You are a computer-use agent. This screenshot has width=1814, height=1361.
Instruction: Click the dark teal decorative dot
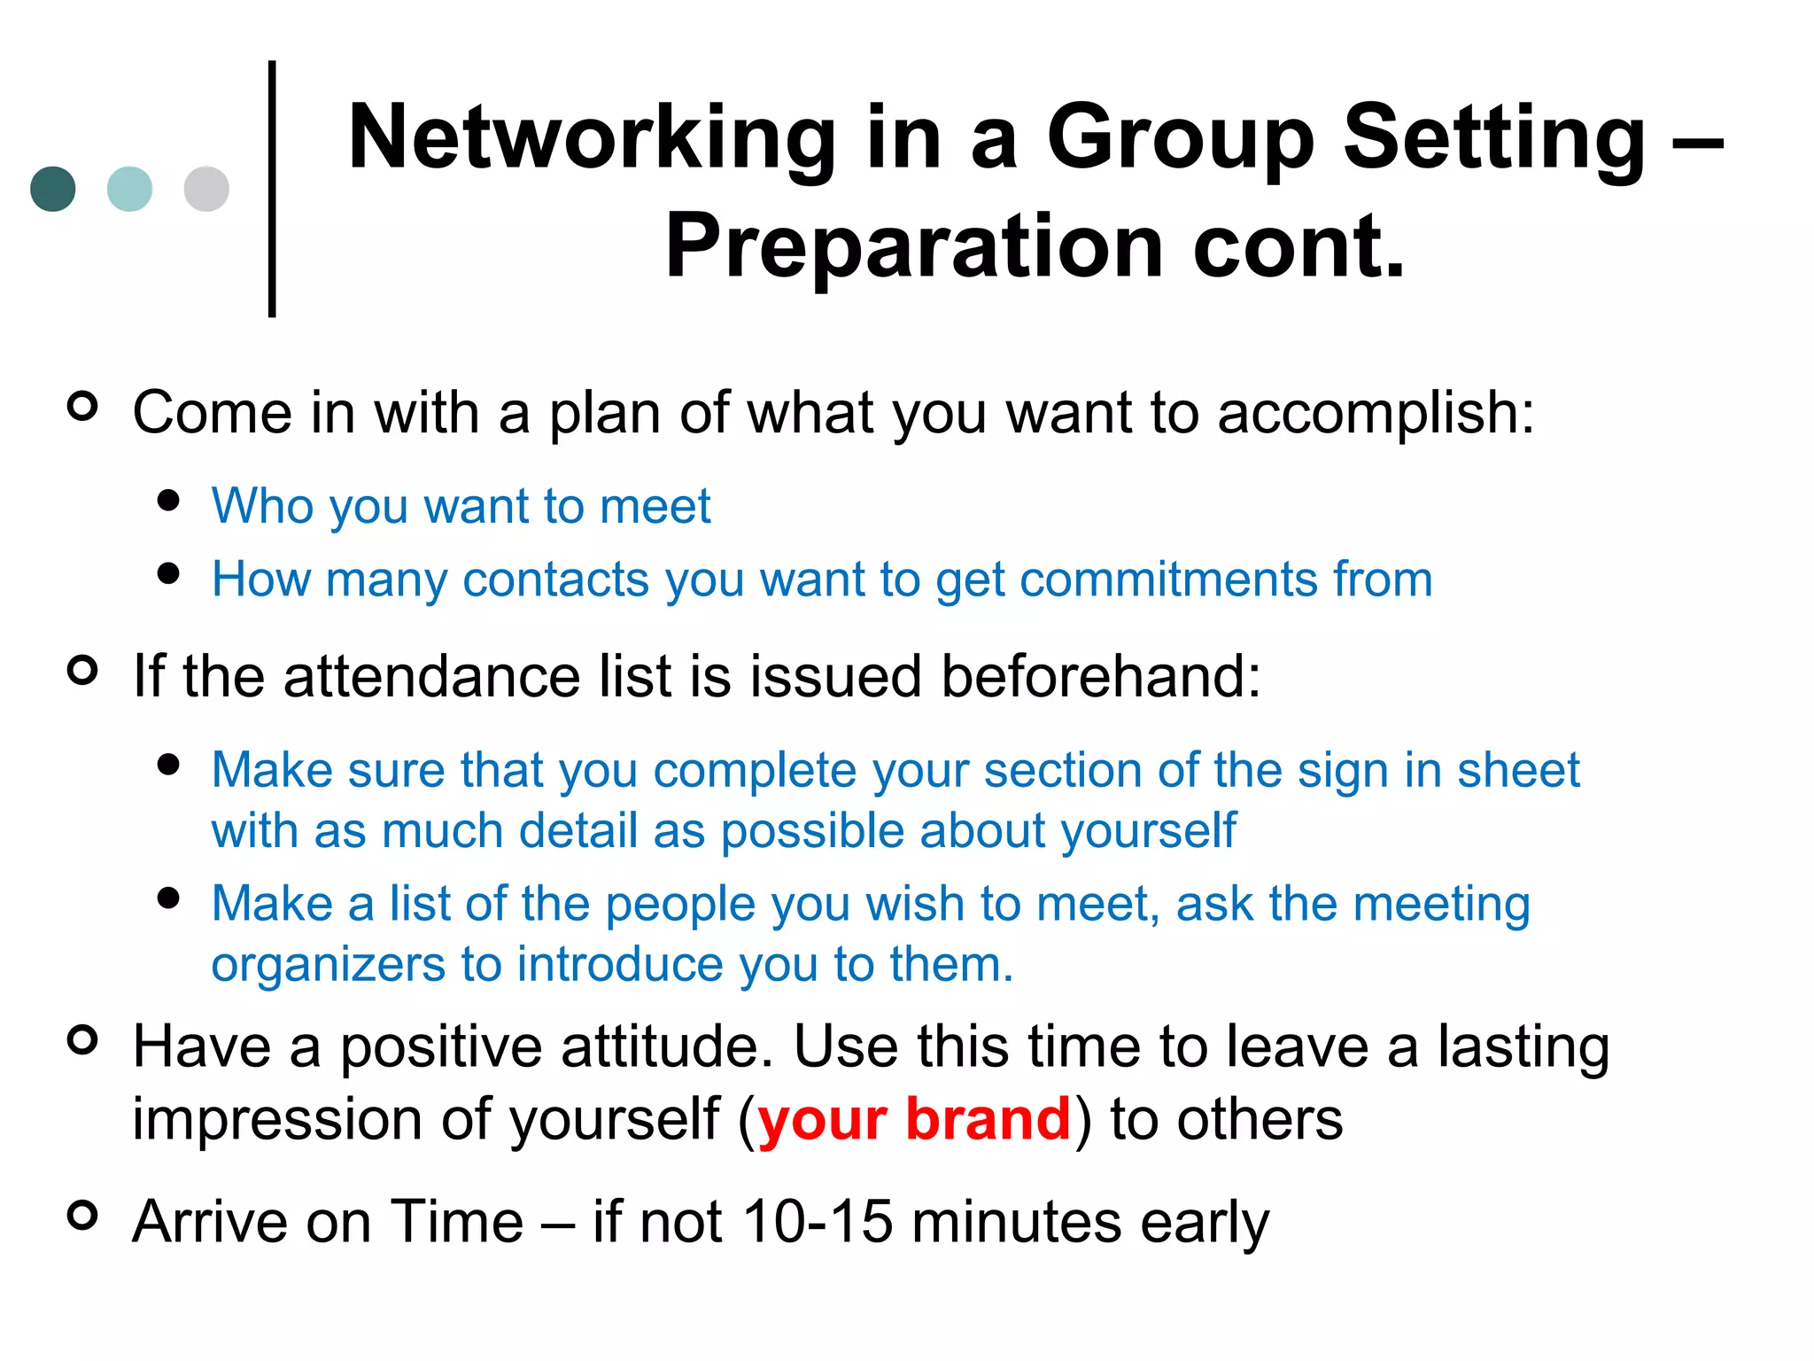point(53,189)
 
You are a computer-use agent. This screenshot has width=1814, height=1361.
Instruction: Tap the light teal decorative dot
point(129,189)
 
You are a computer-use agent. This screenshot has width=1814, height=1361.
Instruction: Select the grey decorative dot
point(206,189)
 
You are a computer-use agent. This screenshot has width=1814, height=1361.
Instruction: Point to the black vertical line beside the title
point(272,189)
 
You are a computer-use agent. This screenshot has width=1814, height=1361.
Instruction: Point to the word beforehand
point(1099,676)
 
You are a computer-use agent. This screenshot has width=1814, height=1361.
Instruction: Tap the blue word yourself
point(1148,831)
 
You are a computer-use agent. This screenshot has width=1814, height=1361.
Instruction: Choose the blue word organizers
point(328,965)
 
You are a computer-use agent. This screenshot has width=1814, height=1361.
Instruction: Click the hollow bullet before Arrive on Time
point(82,1215)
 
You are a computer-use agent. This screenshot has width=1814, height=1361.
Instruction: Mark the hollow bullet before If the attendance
point(82,670)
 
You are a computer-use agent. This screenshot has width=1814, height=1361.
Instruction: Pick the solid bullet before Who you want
point(168,500)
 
